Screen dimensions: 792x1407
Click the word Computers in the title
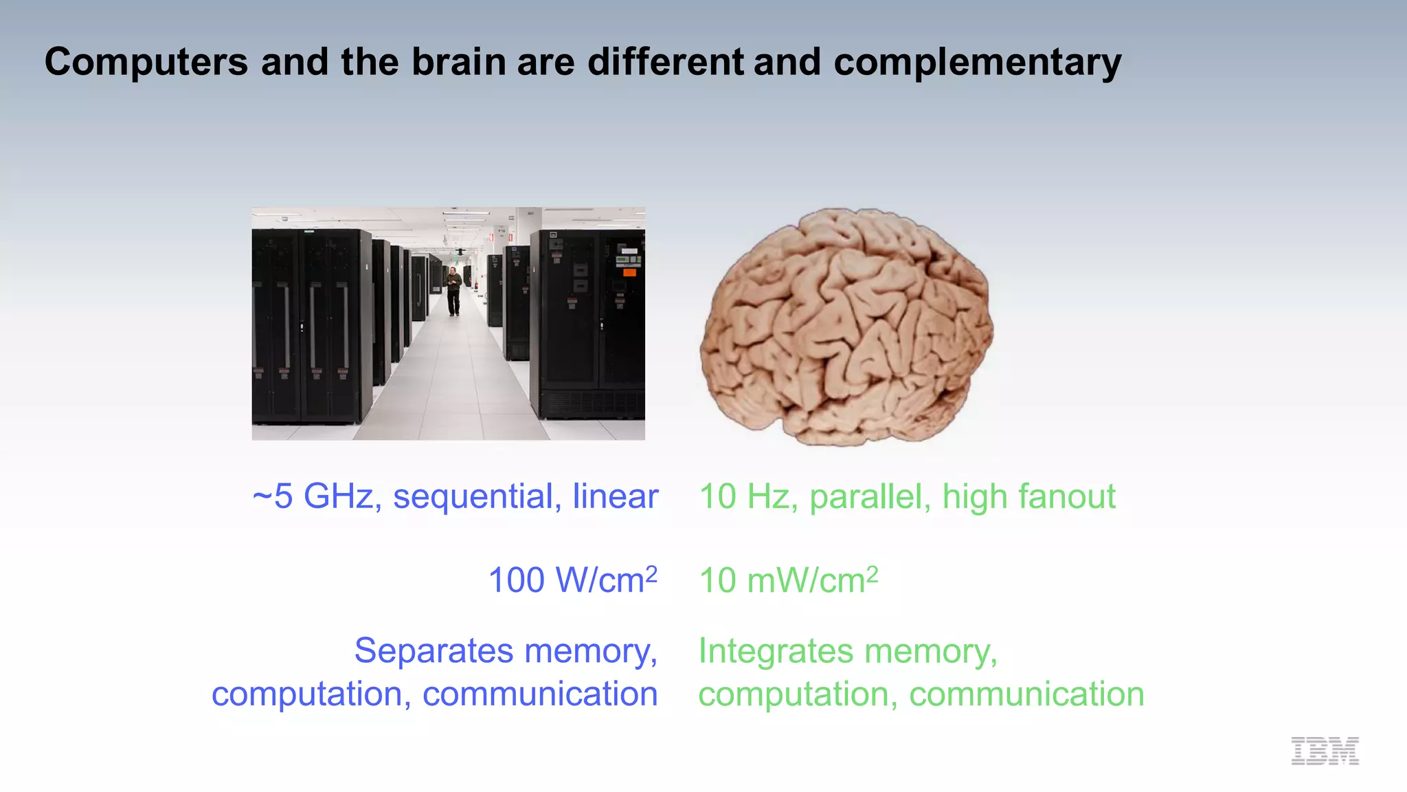(146, 63)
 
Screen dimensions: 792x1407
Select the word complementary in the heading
(977, 63)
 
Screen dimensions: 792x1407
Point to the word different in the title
(665, 63)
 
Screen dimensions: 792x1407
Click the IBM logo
(1325, 751)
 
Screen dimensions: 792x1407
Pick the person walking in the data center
(453, 291)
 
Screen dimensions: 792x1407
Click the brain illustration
(846, 327)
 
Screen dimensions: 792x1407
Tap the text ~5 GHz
(313, 496)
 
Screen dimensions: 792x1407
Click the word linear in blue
(615, 496)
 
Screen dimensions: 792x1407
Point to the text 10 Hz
(744, 496)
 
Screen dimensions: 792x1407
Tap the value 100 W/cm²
(572, 580)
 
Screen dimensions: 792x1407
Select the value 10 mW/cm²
(788, 580)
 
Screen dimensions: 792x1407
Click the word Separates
(434, 650)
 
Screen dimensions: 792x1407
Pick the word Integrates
(787, 650)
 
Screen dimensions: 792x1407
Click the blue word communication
(540, 694)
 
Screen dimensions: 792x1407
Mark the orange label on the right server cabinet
(629, 273)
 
